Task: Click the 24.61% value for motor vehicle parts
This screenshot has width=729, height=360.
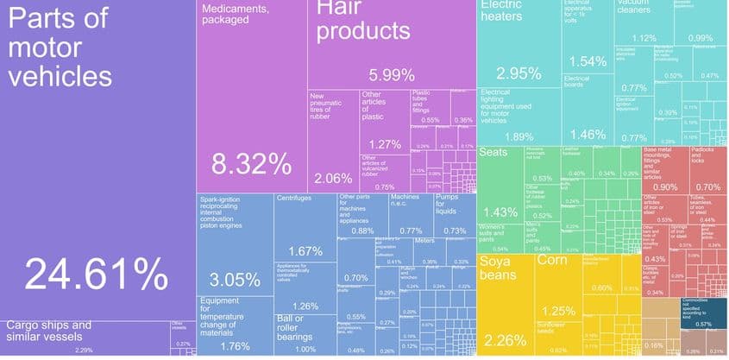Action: pyautogui.click(x=96, y=274)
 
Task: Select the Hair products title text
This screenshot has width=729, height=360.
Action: pyautogui.click(x=361, y=21)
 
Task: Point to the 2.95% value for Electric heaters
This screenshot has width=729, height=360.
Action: pyautogui.click(x=518, y=73)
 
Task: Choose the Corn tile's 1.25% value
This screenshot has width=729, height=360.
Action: pyautogui.click(x=558, y=311)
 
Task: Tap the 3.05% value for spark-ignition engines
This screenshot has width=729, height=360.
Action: pyautogui.click(x=235, y=280)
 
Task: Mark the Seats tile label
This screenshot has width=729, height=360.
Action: pyautogui.click(x=493, y=153)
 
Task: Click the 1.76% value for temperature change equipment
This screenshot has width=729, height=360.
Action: pyautogui.click(x=235, y=346)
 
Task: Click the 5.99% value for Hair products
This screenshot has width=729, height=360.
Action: pyautogui.click(x=392, y=74)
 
